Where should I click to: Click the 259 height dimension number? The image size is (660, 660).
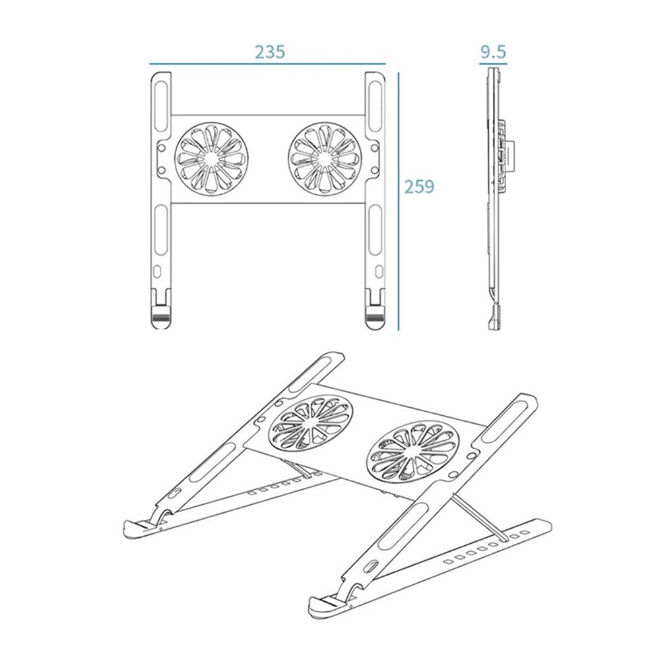[420, 187]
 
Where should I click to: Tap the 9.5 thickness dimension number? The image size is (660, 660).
[494, 52]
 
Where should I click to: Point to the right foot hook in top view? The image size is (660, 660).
[374, 313]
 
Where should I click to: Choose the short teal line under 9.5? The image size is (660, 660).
[494, 65]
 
